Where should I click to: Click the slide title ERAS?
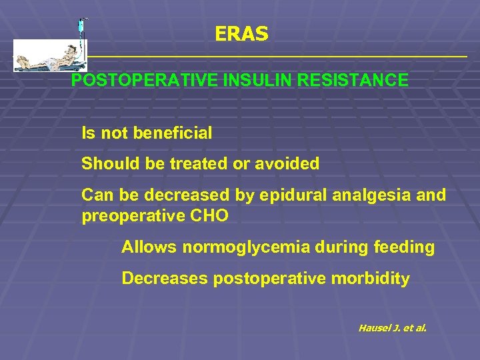[x=241, y=34]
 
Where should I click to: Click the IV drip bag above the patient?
[x=81, y=27]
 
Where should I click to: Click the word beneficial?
[x=173, y=133]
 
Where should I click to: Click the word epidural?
[x=287, y=195]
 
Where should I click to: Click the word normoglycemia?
[x=246, y=247]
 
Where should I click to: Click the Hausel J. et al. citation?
[x=392, y=327]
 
